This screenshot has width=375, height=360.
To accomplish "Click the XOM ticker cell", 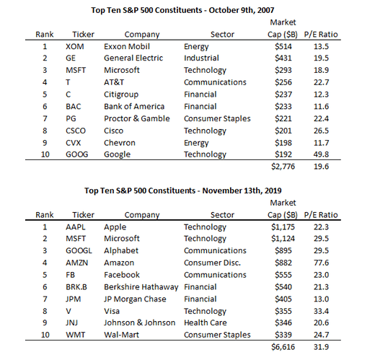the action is point(75,46).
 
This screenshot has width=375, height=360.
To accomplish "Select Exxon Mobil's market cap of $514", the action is point(283,46).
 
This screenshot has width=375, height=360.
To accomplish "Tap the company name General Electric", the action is point(133,58).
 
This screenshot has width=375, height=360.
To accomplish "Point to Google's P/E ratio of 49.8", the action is point(321,154).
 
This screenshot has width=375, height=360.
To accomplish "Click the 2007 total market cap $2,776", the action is point(283,167).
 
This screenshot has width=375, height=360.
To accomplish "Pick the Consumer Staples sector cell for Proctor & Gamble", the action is point(217,118).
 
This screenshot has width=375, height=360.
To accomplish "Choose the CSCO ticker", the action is point(76,131).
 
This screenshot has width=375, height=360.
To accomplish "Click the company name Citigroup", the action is point(121,95).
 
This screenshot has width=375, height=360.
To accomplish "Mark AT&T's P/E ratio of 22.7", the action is point(321,82).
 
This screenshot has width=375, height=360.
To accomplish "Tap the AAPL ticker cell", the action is point(76,227).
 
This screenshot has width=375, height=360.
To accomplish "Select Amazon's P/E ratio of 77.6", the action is point(321,263).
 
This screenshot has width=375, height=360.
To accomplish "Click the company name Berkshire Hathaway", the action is point(141,287).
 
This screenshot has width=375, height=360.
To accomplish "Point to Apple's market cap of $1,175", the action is point(283,227).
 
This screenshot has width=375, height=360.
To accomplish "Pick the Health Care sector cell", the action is point(206,322).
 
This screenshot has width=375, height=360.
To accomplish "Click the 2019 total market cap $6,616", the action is point(283,347).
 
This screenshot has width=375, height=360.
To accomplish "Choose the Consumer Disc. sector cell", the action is point(212,263).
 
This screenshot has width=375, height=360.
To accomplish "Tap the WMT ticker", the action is point(76,335).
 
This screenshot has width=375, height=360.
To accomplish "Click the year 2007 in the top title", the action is point(266,10).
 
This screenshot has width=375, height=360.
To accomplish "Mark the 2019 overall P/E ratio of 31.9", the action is point(321,347).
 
